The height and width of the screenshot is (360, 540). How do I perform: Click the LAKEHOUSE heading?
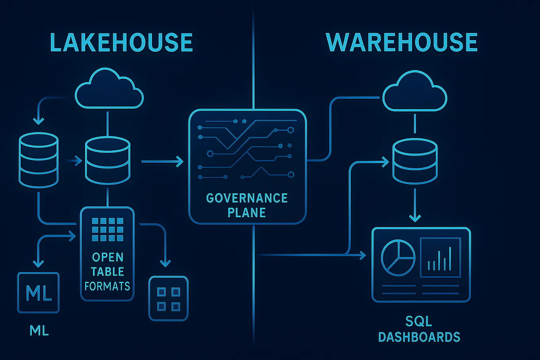[x=121, y=43]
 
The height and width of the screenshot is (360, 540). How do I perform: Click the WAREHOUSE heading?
[x=402, y=42]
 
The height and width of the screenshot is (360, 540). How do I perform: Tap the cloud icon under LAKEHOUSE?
[x=109, y=89]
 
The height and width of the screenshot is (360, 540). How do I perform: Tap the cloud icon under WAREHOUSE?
[x=414, y=92]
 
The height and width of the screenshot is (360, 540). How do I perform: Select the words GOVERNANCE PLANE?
[x=247, y=205]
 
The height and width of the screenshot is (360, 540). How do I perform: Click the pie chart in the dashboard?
[x=398, y=257]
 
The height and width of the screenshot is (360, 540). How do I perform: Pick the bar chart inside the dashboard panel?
[x=440, y=257]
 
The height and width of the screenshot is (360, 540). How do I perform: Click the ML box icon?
[x=39, y=293]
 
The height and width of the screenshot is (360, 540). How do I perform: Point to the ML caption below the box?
[x=39, y=330]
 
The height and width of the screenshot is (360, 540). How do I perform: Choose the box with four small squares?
[x=168, y=298]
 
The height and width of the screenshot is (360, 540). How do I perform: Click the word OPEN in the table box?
[x=107, y=257]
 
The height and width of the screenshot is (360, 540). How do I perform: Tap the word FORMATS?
[x=107, y=286]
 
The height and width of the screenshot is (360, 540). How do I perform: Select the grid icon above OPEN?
[x=107, y=229]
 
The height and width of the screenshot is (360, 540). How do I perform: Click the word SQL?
[x=419, y=321]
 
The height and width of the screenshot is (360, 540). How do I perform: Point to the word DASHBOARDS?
[x=419, y=337]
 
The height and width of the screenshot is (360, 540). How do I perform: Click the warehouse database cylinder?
[x=415, y=161]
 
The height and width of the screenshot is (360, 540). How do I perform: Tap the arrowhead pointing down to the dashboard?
[x=415, y=218]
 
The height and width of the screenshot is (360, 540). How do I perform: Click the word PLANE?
[x=247, y=212]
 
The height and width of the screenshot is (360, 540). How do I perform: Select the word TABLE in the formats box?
[x=107, y=271]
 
